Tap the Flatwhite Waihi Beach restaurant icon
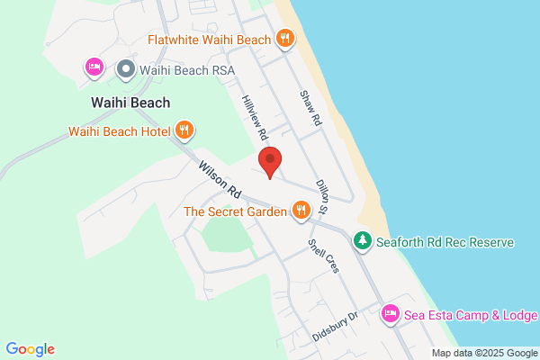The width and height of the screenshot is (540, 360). (x=285, y=38)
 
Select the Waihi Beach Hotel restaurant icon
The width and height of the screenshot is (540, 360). (x=184, y=130)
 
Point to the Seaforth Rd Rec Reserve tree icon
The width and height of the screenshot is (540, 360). (x=362, y=241)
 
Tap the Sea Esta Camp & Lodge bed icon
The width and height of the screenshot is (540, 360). (x=391, y=314)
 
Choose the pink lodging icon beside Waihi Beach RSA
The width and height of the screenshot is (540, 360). (x=94, y=67)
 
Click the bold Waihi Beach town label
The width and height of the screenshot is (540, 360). (x=130, y=103)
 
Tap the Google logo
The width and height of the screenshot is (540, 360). (x=30, y=349)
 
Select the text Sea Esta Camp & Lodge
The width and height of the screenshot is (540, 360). (x=471, y=315)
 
